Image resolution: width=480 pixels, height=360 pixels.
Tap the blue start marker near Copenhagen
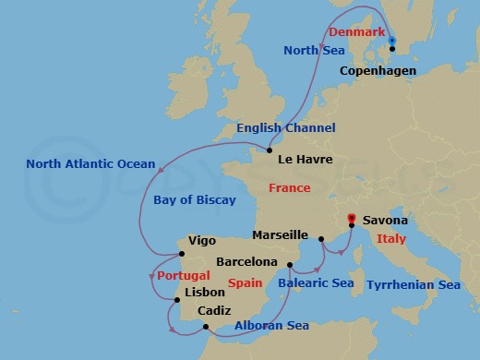pyautogui.click(x=392, y=41)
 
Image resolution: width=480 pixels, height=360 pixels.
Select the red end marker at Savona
pyautogui.click(x=351, y=220)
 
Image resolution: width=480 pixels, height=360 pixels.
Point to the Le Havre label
pyautogui.click(x=305, y=159)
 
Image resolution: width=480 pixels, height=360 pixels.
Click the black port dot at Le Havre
pyautogui.click(x=269, y=150)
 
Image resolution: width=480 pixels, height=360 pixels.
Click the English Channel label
pyautogui.click(x=285, y=128)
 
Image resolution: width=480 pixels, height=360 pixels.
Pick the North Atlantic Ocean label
pyautogui.click(x=90, y=164)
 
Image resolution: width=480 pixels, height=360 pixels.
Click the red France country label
pyautogui.click(x=289, y=188)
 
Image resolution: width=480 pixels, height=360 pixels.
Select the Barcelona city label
pyautogui.click(x=247, y=261)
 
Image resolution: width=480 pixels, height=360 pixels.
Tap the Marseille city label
pyautogui.click(x=279, y=235)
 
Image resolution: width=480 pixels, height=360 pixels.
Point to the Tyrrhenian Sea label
pyautogui.click(x=414, y=285)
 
